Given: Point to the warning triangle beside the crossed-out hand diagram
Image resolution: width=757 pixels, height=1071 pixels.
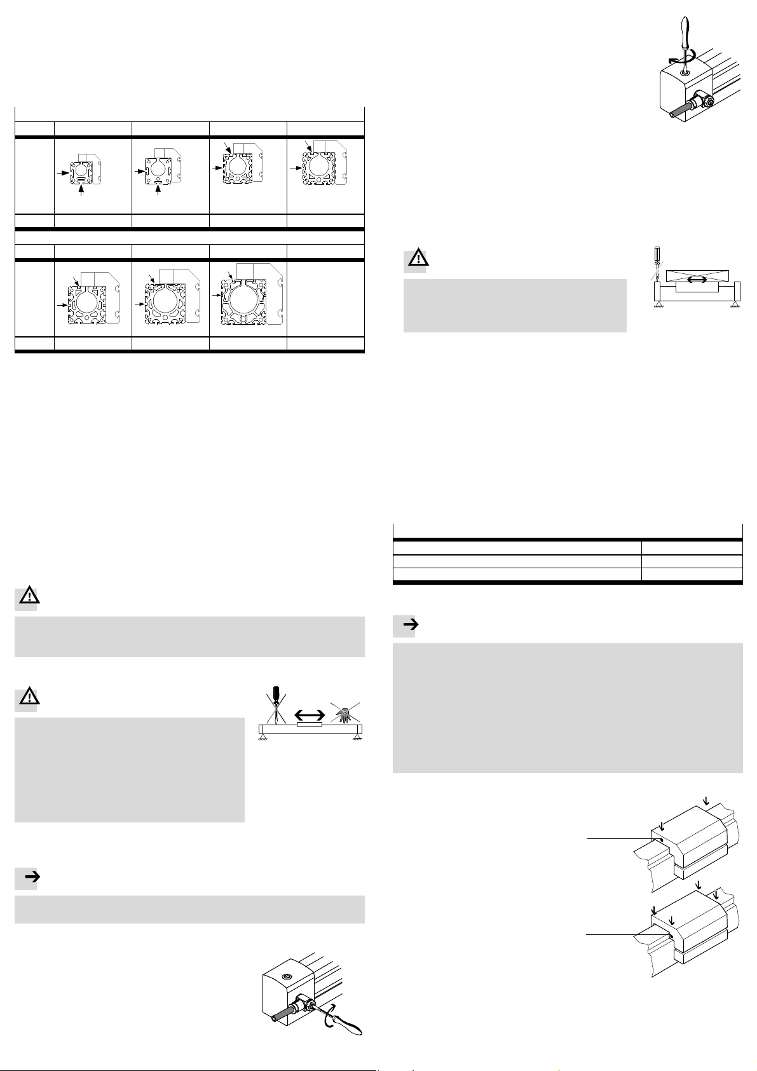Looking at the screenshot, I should click(26, 698).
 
